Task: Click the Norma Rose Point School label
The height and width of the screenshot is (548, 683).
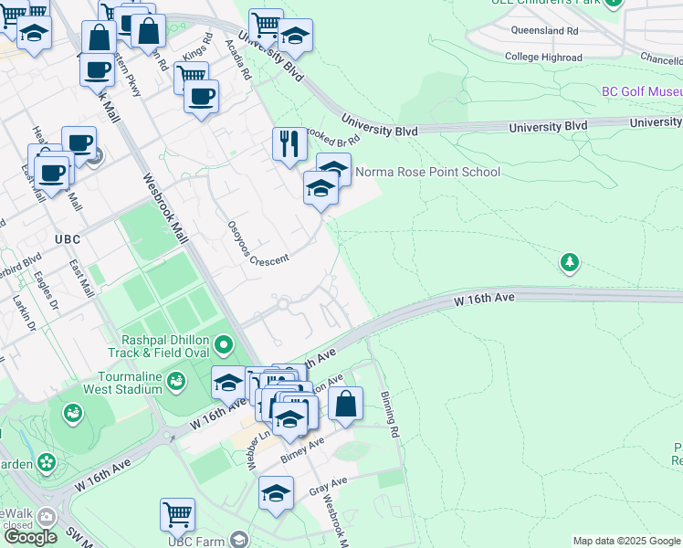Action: [427, 172]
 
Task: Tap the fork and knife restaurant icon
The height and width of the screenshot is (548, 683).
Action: [289, 143]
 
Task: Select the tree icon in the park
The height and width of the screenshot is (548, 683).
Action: [570, 263]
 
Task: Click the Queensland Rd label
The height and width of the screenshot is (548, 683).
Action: [546, 30]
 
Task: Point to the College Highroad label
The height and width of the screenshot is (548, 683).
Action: [543, 57]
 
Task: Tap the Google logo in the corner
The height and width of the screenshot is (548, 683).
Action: [30, 537]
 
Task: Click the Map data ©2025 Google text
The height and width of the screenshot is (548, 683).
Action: [625, 541]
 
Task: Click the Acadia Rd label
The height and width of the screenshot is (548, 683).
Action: [243, 60]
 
